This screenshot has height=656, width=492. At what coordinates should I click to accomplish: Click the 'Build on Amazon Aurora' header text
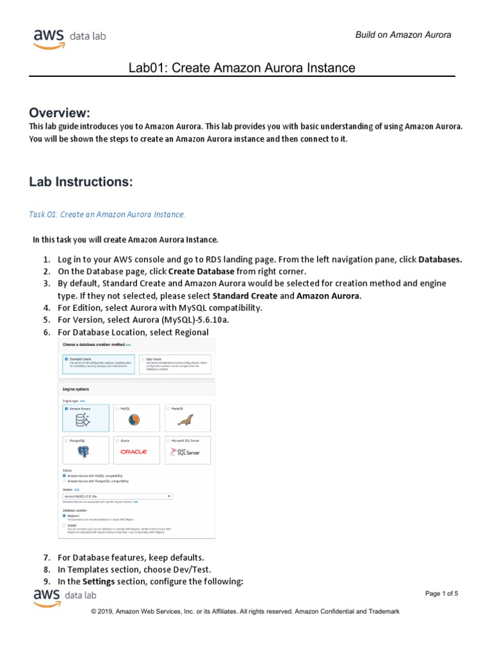point(403,35)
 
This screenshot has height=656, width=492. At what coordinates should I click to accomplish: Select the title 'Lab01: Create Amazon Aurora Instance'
point(242,68)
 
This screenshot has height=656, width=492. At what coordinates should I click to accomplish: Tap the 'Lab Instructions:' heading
point(81,182)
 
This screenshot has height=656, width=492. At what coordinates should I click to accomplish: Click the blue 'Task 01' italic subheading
point(107,214)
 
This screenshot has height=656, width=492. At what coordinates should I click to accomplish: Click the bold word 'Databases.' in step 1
point(440,259)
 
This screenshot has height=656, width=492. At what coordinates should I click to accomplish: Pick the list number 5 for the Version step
point(46,320)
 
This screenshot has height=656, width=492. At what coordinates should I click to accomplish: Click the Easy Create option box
point(175,364)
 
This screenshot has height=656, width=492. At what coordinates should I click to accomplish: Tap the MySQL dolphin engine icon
point(135,420)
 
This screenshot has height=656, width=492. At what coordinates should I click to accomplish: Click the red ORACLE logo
point(135,452)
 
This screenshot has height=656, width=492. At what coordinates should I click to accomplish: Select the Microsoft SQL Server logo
point(186,452)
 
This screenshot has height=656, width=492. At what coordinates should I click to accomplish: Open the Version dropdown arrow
point(169,496)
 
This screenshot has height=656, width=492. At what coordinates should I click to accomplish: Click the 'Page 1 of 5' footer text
point(441,594)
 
